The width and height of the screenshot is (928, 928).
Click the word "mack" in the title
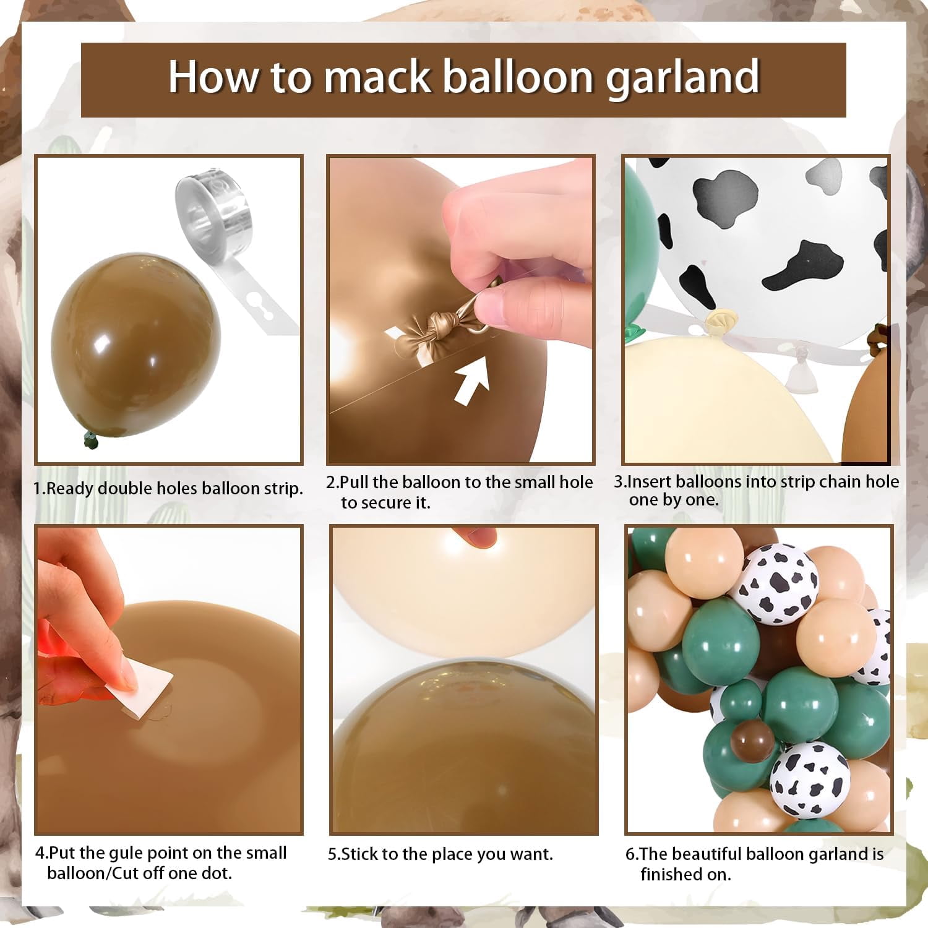tap(377, 77)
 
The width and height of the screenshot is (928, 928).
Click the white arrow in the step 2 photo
tap(472, 379)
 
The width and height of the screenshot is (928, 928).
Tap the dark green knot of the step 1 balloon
tap(92, 440)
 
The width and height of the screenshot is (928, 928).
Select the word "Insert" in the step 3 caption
tap(650, 481)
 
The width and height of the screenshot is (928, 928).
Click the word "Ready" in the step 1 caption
tap(71, 489)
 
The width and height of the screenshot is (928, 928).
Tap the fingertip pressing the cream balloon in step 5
tap(474, 536)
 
